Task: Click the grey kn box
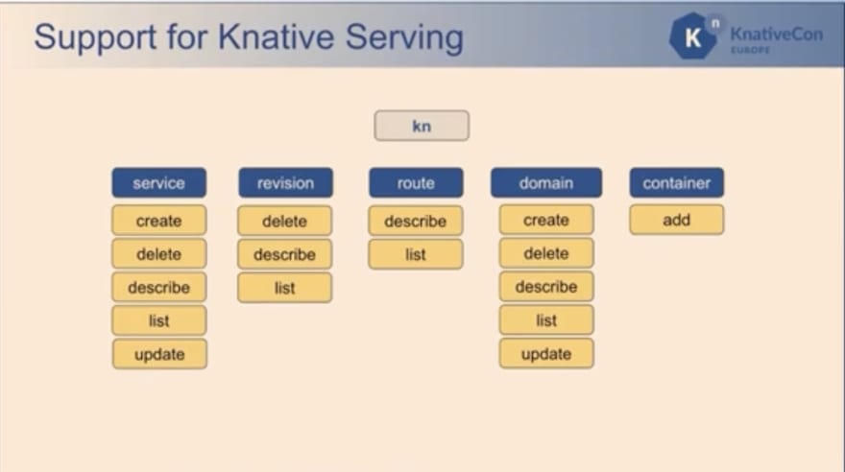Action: tap(422, 126)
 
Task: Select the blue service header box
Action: tap(159, 183)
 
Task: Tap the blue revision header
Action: tap(285, 183)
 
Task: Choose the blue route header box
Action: tap(416, 183)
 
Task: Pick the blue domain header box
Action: tap(546, 183)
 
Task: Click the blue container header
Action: tap(676, 183)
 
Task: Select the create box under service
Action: tap(159, 221)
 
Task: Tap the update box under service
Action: tap(159, 354)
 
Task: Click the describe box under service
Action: tap(159, 288)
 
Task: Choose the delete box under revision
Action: tap(284, 221)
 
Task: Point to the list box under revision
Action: tap(284, 288)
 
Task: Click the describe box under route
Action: tap(416, 221)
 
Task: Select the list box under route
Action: tap(416, 254)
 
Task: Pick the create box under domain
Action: tap(546, 220)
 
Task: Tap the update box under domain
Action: tap(546, 354)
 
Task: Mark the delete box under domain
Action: tap(546, 253)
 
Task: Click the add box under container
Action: tap(676, 220)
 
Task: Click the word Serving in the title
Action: tap(404, 37)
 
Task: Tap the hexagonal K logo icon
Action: tap(694, 35)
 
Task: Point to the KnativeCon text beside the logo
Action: tap(777, 34)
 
